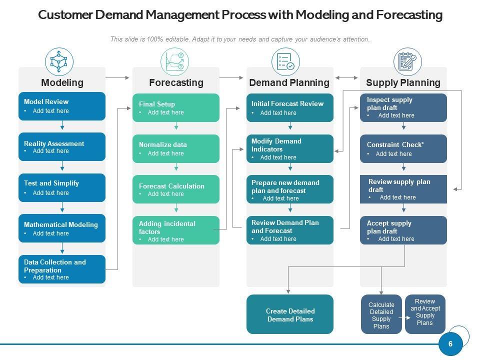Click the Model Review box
pos(62,106)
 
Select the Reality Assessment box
pos(62,146)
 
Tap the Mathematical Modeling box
pos(62,228)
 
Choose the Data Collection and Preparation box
pos(62,269)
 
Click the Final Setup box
pos(175,107)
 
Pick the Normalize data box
pos(175,148)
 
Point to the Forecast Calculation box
pos(175,189)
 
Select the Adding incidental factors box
pos(175,230)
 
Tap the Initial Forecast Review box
pos(289,107)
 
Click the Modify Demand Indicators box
pos(289,148)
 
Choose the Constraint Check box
pos(403,148)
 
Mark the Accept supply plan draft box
pos(403,230)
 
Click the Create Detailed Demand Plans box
pos(289,314)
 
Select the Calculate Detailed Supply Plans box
pos(381,315)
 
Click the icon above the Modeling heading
pos(59,61)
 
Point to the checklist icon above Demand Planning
pos(285,61)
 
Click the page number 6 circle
pos(450,344)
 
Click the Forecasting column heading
pos(176,82)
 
